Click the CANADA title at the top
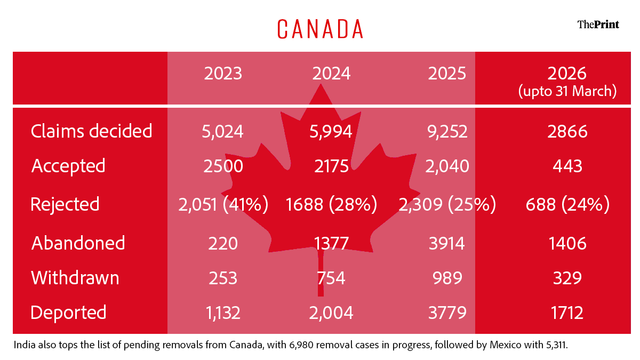click(x=320, y=29)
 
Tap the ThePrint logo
click(x=598, y=25)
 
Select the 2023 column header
click(x=223, y=74)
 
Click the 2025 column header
click(x=447, y=74)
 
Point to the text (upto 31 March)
click(x=567, y=91)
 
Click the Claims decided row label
click(x=91, y=131)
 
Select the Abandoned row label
click(x=78, y=243)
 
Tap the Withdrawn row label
click(x=75, y=278)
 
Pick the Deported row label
click(x=68, y=313)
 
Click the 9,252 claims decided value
click(x=447, y=132)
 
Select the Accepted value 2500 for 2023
click(x=223, y=166)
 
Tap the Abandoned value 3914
click(x=447, y=243)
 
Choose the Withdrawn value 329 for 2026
click(x=567, y=278)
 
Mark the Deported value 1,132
click(x=223, y=313)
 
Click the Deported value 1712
click(x=567, y=313)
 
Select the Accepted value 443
click(x=567, y=166)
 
